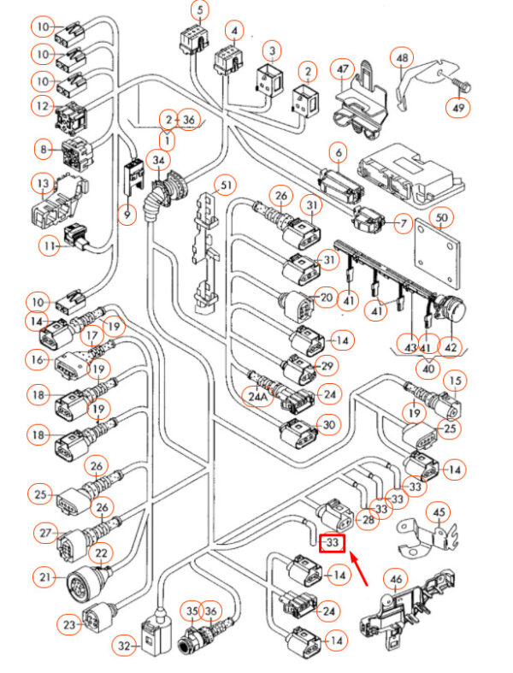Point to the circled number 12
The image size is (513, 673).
pos(43,107)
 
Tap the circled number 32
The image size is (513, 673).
pos(127,646)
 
